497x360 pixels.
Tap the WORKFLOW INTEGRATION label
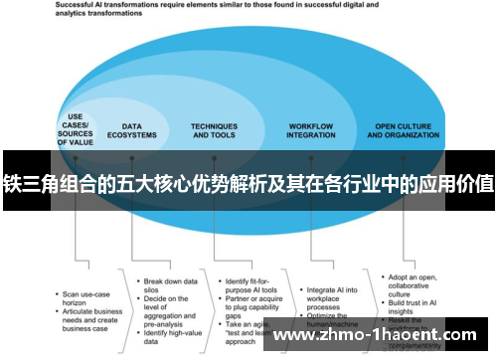click(310, 130)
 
